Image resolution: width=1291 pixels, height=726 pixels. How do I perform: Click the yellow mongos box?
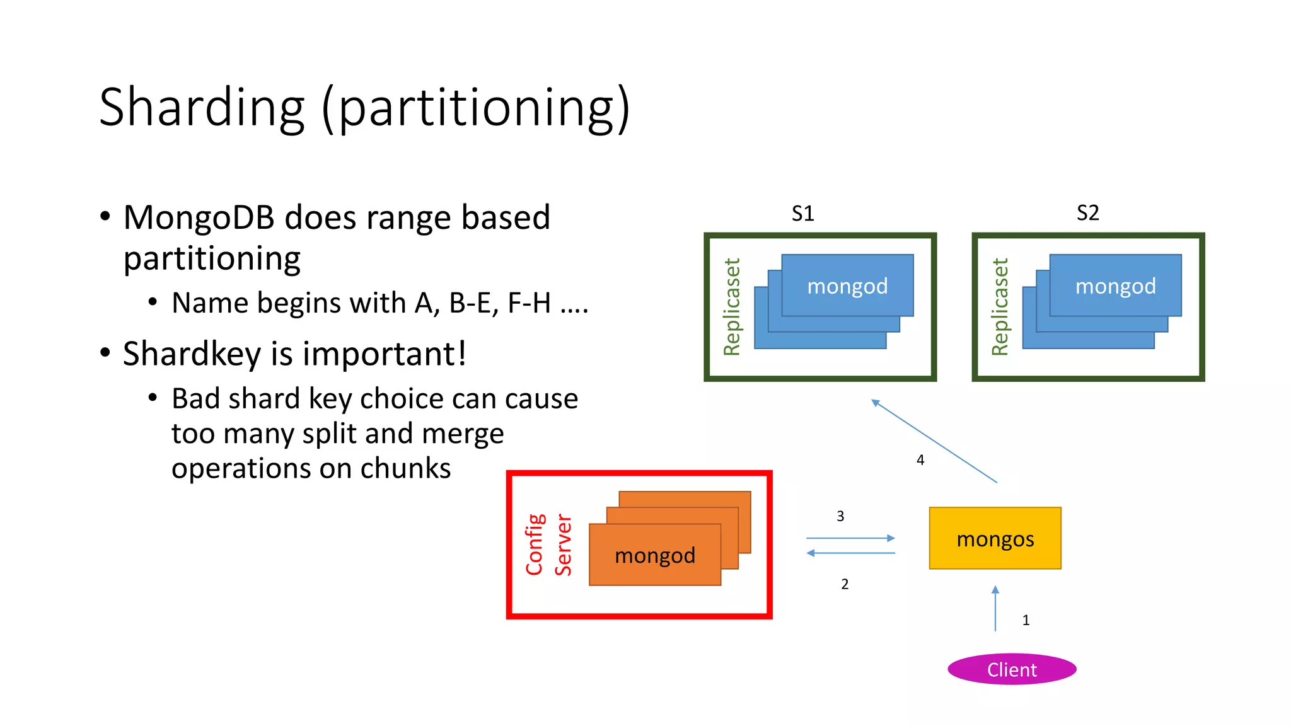(995, 538)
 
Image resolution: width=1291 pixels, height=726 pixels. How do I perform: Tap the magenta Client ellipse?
(1011, 669)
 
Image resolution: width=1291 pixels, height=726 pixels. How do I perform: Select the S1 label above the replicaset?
(802, 214)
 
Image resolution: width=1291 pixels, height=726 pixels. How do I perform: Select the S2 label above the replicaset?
(1087, 213)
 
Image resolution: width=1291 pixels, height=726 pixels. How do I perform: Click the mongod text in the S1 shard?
(847, 286)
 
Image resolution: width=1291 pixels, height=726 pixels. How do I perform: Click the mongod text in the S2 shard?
(1115, 286)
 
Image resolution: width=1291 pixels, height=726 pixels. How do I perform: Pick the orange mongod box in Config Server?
(654, 555)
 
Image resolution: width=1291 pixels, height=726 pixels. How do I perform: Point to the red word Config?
(535, 544)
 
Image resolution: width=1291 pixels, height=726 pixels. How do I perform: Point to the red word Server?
(563, 544)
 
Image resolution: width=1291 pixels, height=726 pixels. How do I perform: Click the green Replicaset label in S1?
(731, 307)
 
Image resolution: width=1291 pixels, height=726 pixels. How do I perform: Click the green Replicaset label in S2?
(1000, 307)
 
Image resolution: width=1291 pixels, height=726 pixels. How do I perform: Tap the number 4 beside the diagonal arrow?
(920, 460)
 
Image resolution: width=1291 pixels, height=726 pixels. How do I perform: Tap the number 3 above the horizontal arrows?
(840, 516)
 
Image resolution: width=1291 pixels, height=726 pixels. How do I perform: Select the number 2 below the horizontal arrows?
(845, 584)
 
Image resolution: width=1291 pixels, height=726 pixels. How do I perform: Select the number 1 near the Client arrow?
(1026, 620)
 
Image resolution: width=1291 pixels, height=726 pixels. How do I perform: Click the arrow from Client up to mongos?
(995, 609)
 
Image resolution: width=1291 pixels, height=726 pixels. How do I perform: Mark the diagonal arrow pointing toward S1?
(934, 441)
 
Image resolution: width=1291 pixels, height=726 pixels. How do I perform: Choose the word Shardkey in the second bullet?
(192, 354)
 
